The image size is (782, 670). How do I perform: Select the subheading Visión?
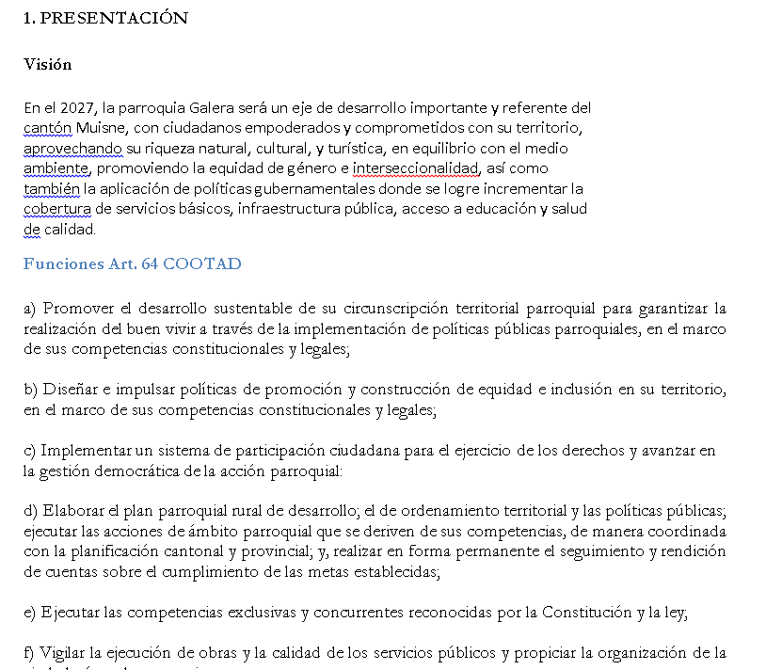point(47,65)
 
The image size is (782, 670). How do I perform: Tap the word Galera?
point(195,108)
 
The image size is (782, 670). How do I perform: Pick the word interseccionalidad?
point(416,168)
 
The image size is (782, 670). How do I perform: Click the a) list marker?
point(30,309)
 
